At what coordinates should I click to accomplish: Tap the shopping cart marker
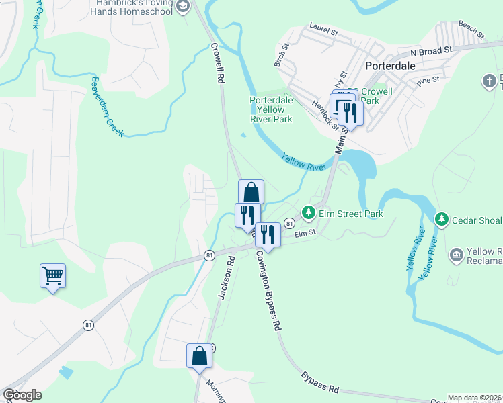(52, 275)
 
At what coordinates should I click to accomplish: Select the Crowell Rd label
(217, 63)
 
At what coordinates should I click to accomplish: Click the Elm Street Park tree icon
(309, 214)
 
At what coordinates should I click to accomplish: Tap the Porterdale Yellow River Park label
(271, 109)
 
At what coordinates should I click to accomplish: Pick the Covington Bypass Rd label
(267, 291)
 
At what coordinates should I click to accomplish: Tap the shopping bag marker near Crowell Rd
(251, 192)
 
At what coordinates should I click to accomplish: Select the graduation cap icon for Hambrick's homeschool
(182, 6)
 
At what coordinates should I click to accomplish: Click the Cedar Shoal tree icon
(442, 220)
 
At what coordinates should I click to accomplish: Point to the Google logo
(22, 395)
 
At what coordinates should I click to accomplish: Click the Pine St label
(428, 80)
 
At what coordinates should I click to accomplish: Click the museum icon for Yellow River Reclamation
(456, 255)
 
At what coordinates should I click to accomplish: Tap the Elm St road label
(305, 234)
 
